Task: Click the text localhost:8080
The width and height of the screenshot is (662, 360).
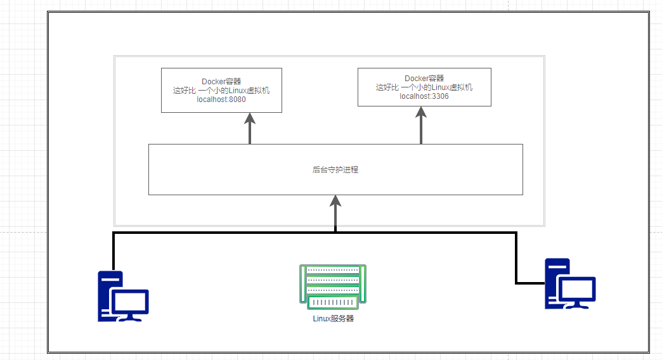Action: click(x=221, y=100)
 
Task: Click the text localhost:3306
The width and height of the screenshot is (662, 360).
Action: click(x=424, y=96)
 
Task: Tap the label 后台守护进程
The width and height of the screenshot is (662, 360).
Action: click(x=335, y=170)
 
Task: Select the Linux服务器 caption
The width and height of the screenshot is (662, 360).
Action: click(x=334, y=318)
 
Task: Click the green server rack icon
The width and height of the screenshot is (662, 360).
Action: click(x=333, y=286)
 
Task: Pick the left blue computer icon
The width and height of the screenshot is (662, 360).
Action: click(x=122, y=296)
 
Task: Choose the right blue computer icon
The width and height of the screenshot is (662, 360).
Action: click(x=570, y=283)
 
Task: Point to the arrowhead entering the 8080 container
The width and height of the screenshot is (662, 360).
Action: click(x=250, y=120)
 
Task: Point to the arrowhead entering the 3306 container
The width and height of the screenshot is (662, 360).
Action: click(x=421, y=113)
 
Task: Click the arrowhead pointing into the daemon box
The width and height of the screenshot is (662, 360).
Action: click(x=335, y=202)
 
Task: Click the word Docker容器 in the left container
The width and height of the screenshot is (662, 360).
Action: click(x=221, y=81)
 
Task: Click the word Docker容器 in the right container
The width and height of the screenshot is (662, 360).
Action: click(x=424, y=79)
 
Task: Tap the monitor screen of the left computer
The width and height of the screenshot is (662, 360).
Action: click(x=130, y=302)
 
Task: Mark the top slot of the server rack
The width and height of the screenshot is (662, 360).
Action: click(x=333, y=270)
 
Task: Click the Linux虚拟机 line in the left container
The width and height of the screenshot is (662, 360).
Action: click(x=221, y=91)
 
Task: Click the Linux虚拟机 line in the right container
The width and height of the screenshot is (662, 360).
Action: click(x=424, y=87)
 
